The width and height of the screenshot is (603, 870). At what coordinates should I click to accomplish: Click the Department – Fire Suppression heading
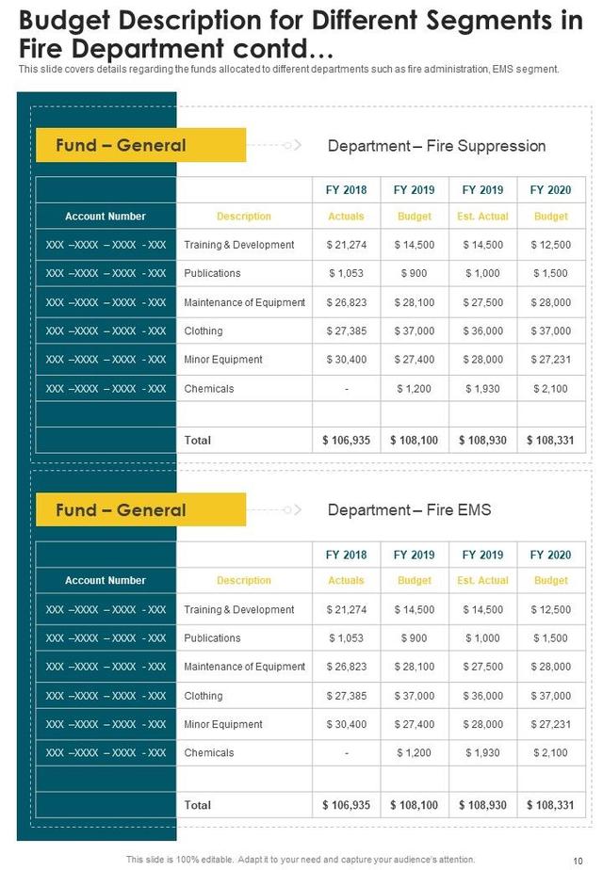click(436, 146)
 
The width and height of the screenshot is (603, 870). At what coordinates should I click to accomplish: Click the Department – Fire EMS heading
click(409, 510)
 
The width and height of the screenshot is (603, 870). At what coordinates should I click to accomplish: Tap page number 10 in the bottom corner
click(578, 860)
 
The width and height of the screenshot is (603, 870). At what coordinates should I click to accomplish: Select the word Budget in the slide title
click(69, 21)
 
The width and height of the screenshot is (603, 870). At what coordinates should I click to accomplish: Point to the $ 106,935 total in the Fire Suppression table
click(346, 441)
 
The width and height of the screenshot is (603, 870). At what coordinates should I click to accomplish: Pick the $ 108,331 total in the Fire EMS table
click(551, 805)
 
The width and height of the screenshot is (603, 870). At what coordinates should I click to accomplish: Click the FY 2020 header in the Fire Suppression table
click(551, 190)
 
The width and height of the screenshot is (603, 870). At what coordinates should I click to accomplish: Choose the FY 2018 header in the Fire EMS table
click(346, 555)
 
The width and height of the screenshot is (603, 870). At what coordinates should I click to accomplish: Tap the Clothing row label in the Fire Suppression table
click(204, 331)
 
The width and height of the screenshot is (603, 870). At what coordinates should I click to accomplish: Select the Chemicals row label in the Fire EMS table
click(209, 753)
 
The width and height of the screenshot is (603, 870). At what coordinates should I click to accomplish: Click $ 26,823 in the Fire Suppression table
click(346, 302)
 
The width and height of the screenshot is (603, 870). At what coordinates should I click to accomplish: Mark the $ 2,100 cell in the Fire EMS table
click(551, 753)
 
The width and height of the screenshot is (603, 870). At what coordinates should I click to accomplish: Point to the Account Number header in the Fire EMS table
click(106, 581)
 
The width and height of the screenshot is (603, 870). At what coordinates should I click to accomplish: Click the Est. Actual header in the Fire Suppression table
click(482, 217)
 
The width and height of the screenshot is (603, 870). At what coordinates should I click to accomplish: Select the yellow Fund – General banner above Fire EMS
click(140, 510)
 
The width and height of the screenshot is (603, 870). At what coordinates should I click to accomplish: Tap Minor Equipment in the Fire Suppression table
click(223, 360)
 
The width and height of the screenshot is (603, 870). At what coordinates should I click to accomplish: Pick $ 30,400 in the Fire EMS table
click(346, 725)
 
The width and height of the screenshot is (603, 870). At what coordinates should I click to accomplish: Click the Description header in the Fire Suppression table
click(244, 217)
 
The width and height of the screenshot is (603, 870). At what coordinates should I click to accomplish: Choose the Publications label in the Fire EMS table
click(213, 638)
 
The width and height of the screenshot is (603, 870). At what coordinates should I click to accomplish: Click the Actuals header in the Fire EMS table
click(346, 581)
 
